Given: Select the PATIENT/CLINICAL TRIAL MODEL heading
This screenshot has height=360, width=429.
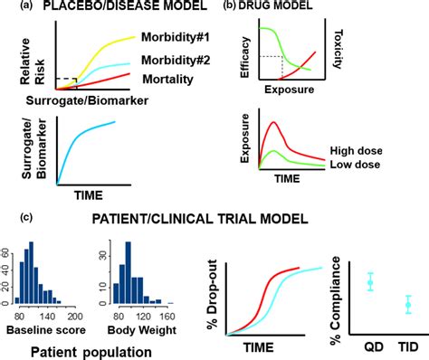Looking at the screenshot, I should (x=223, y=217).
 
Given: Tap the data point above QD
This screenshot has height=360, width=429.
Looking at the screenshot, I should (x=370, y=283).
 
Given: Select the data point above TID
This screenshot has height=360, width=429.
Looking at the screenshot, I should (x=408, y=306).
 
